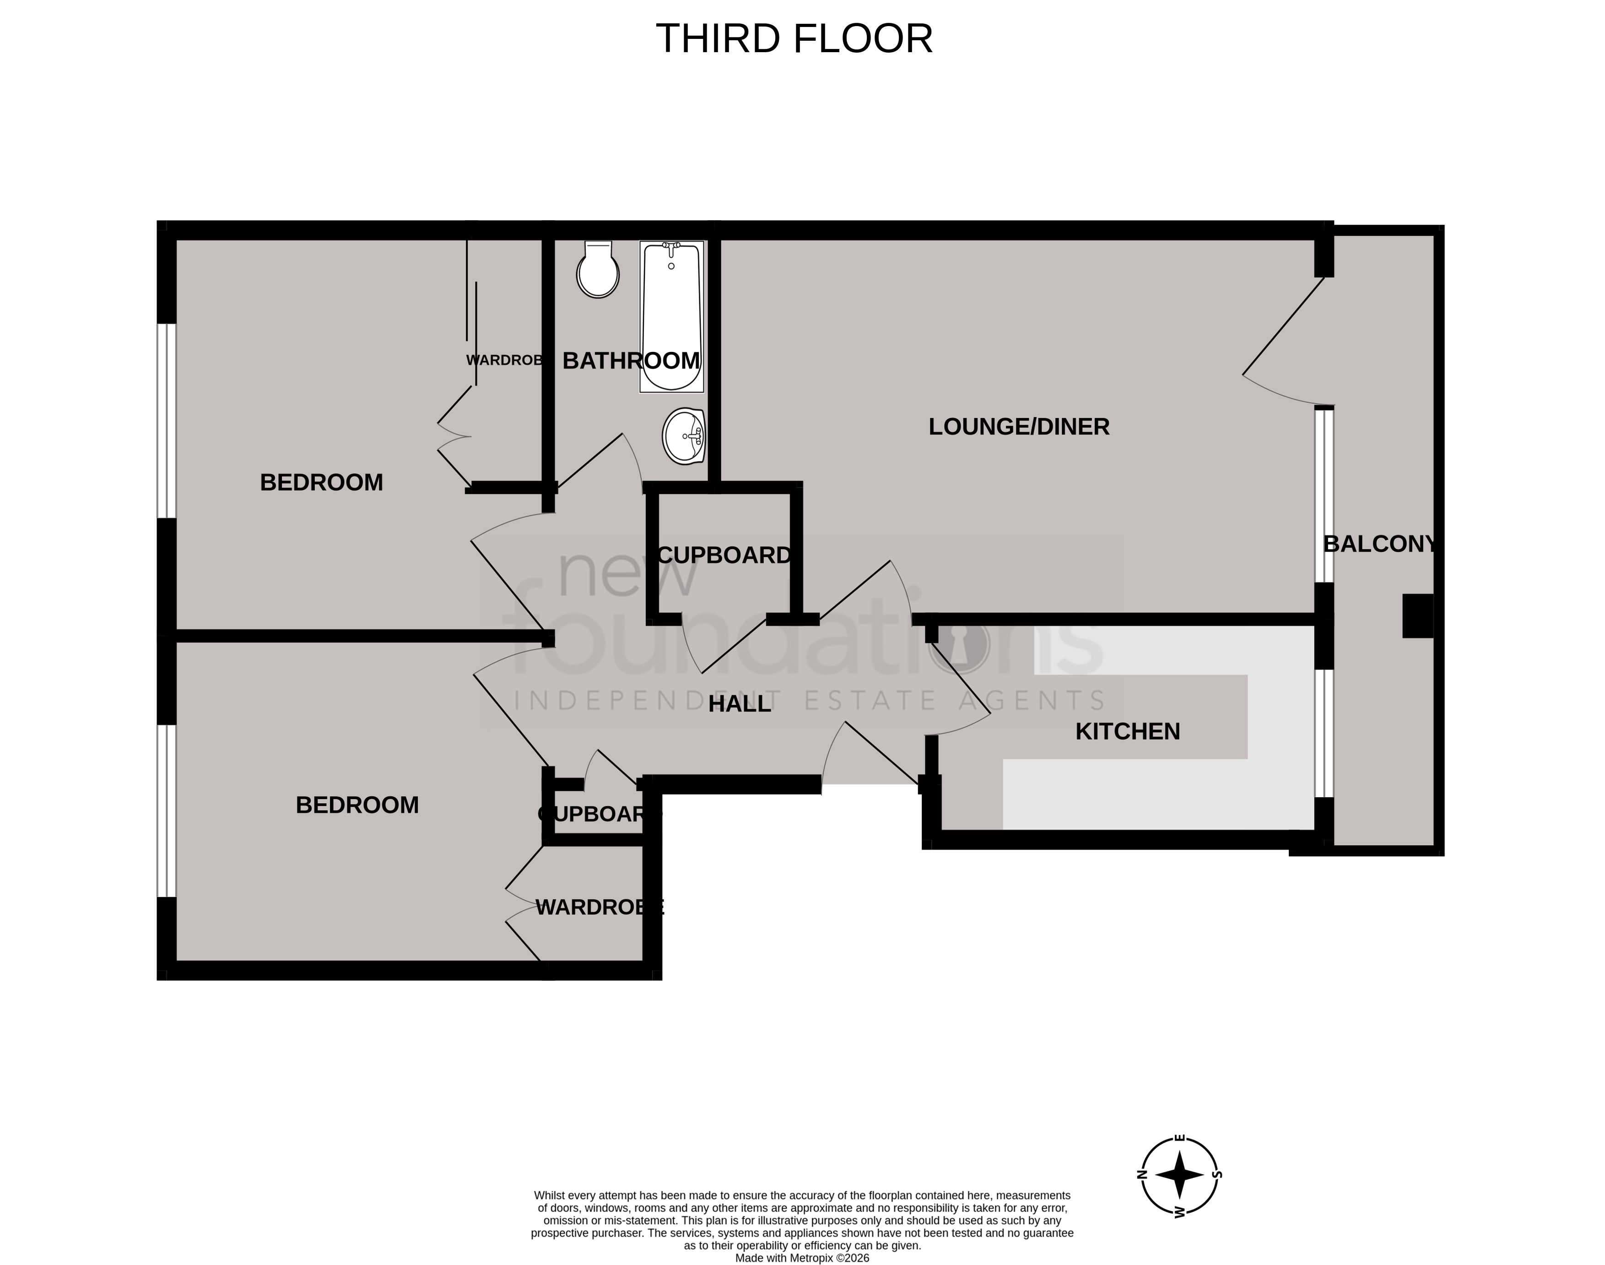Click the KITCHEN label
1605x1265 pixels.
[1127, 732]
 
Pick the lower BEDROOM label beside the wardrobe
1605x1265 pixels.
[357, 805]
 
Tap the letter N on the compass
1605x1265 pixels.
[1141, 1175]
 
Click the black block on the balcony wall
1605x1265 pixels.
[1417, 616]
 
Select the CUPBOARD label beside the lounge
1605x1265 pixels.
[724, 556]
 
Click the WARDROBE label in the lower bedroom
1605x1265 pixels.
[599, 907]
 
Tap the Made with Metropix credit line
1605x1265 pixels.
[801, 1258]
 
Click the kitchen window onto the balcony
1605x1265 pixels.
[1324, 733]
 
